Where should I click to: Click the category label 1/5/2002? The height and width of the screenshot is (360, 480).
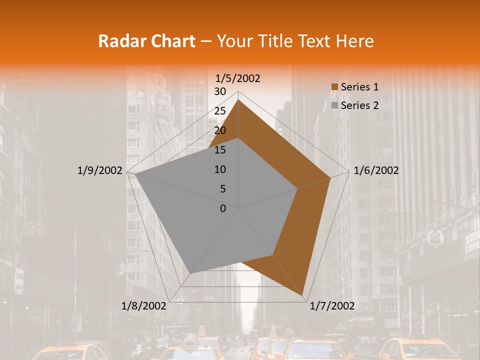pos(237,78)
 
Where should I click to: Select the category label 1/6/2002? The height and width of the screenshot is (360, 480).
pos(376,170)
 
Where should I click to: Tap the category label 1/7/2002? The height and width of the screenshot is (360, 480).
pos(332,306)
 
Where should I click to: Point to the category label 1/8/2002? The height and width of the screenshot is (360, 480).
pos(144,306)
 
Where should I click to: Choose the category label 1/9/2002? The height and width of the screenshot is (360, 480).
pos(100,170)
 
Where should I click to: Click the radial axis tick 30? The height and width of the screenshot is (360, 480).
pos(219,91)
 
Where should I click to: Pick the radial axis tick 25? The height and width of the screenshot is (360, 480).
pos(219,111)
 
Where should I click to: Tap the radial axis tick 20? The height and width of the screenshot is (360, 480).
pos(219,130)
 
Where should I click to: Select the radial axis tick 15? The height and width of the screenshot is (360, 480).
pos(219,150)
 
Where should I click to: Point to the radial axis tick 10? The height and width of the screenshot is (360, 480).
pos(219,169)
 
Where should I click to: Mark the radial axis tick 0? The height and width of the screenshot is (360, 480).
pos(223,208)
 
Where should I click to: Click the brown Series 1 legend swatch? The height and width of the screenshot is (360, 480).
pos(334,87)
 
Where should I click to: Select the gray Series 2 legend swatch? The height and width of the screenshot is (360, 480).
pos(334,105)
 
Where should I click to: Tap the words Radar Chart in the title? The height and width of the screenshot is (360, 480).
pos(146,41)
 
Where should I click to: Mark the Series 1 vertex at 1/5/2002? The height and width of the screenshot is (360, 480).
pos(238,99)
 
